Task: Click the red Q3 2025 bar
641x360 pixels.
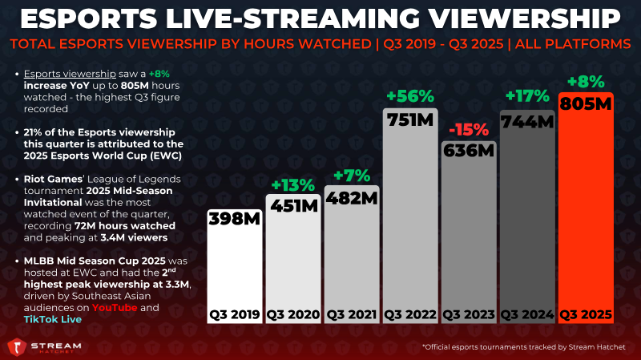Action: click(x=587, y=216)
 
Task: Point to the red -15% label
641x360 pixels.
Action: click(x=470, y=129)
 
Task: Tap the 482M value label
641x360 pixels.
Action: click(x=352, y=198)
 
